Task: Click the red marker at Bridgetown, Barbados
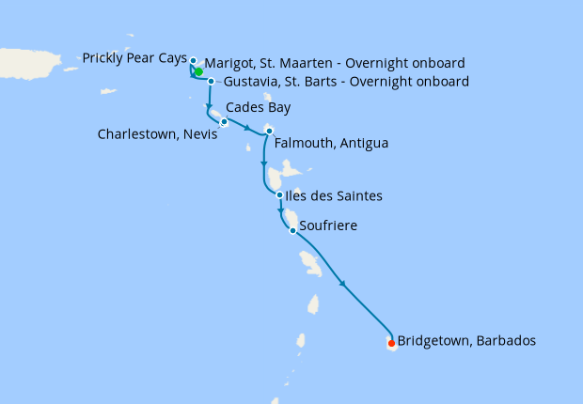(x=392, y=343)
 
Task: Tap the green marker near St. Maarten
(x=198, y=71)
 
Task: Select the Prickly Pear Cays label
(x=134, y=58)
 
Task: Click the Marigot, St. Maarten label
(x=334, y=63)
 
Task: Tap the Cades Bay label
(x=259, y=107)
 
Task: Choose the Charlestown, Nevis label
(x=157, y=134)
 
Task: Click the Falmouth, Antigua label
(x=330, y=144)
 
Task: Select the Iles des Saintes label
(x=334, y=196)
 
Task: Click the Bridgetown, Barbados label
(x=466, y=341)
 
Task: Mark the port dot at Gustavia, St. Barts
(x=212, y=81)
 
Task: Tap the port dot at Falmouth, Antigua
(x=269, y=130)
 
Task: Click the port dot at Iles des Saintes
(x=280, y=195)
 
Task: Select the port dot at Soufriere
(x=293, y=230)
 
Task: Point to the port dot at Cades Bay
(x=224, y=121)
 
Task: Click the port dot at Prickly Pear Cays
(x=193, y=61)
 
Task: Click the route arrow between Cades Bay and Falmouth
(x=246, y=129)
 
